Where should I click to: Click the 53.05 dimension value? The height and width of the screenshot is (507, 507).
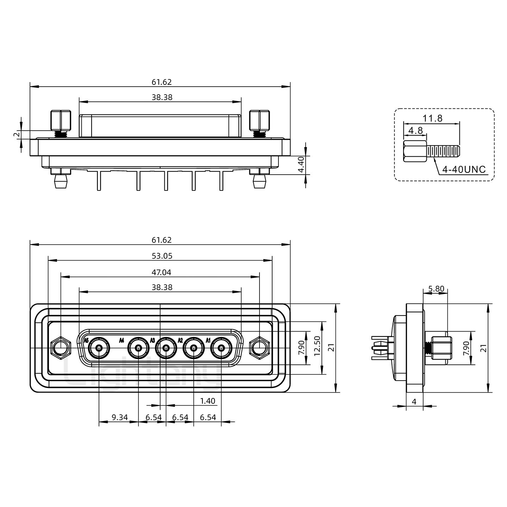162,256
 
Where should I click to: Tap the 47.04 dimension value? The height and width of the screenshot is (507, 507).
161,272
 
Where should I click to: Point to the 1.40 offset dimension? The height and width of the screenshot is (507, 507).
208,401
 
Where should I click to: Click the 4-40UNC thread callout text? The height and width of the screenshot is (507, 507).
464,169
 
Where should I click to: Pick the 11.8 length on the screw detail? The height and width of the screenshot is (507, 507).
433,118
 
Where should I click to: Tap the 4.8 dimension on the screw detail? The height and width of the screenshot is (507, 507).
416,131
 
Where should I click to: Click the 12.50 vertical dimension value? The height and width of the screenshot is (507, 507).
317,346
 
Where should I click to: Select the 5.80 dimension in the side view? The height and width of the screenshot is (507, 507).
436,289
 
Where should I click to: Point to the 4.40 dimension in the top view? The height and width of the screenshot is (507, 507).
301,164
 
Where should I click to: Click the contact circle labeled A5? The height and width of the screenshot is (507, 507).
99,348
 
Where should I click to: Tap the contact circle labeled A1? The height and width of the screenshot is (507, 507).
221,348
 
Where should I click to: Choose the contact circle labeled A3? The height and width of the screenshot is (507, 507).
166,348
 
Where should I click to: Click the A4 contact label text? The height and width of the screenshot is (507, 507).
121,340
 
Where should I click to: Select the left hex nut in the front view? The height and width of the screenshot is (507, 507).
61,348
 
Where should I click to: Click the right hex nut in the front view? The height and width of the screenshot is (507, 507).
259,348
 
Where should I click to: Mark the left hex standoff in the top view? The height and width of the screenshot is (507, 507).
61,120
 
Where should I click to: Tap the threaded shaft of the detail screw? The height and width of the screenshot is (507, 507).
443,151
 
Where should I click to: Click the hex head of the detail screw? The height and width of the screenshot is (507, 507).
415,151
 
